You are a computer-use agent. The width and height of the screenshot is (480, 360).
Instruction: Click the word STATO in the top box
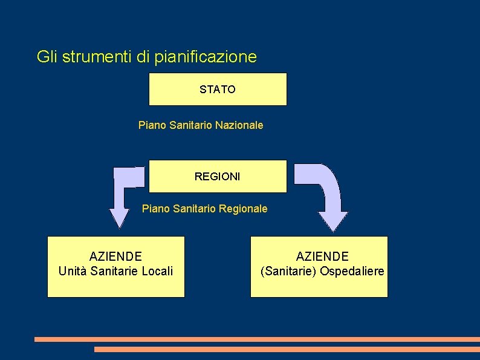[218, 90]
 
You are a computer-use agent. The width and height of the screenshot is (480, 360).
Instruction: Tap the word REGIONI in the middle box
[217, 177]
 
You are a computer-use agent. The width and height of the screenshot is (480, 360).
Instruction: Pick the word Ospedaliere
[352, 271]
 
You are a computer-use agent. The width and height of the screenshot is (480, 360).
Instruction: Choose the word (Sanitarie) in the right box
[288, 271]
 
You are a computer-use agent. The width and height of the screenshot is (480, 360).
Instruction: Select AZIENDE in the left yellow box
[115, 257]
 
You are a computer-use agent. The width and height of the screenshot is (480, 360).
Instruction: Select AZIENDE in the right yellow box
[322, 257]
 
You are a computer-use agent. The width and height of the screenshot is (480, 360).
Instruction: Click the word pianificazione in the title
[206, 57]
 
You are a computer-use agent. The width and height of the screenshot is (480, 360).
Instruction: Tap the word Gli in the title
[47, 57]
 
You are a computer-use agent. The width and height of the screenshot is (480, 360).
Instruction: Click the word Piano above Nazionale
[151, 125]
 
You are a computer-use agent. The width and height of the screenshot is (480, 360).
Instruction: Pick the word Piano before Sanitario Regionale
[155, 209]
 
